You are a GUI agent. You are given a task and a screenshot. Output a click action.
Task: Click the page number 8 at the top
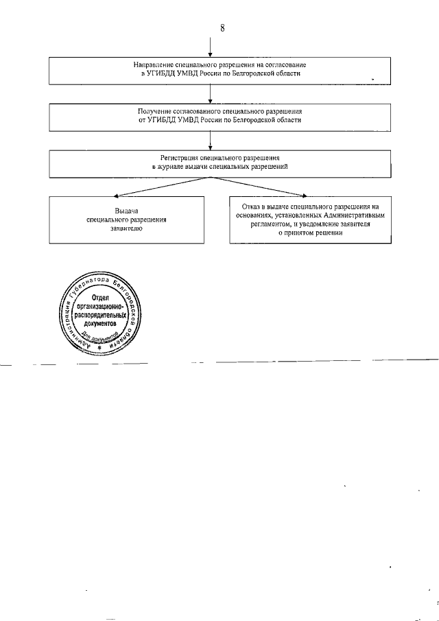pos(222,28)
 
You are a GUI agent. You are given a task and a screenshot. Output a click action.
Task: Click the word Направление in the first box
pos(152,65)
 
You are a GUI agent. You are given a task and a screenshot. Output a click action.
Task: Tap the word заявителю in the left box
pos(127,230)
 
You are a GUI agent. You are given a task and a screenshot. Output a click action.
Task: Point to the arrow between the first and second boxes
pos(211,95)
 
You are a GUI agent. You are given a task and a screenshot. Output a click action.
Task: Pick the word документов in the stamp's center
pos(102,322)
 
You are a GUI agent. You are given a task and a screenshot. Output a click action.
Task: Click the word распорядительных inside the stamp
pos(102,314)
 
